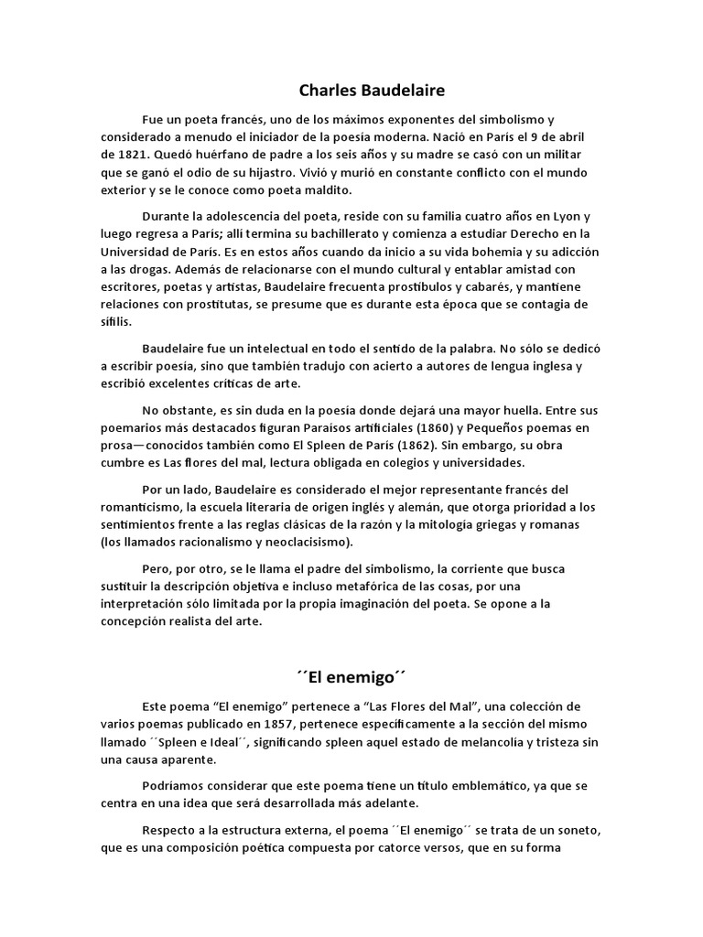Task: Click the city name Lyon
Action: point(560,217)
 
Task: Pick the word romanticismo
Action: point(140,507)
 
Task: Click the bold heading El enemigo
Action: point(351,678)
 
